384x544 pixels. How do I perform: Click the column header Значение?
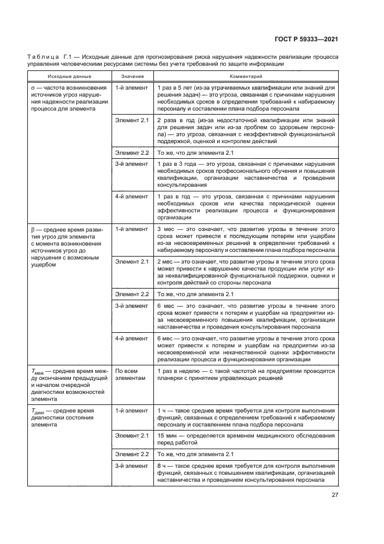(x=132, y=76)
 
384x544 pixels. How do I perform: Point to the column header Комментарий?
(x=246, y=76)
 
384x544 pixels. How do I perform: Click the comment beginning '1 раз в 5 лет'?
(x=246, y=97)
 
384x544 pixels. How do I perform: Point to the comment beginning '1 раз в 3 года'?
(x=246, y=175)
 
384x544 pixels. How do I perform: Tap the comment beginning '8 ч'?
(x=246, y=473)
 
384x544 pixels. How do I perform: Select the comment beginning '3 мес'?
(x=246, y=239)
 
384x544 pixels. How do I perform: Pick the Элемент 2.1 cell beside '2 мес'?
(x=132, y=262)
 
